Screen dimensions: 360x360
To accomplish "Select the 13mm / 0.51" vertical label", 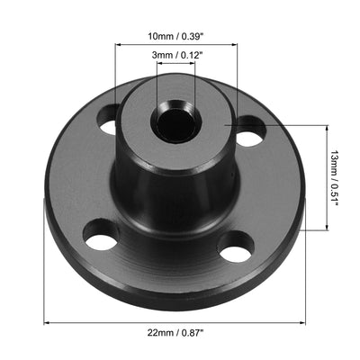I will coord(334,178).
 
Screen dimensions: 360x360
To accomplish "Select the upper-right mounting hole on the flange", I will coord(249,135).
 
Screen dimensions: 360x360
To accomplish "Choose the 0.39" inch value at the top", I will coord(199,37).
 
